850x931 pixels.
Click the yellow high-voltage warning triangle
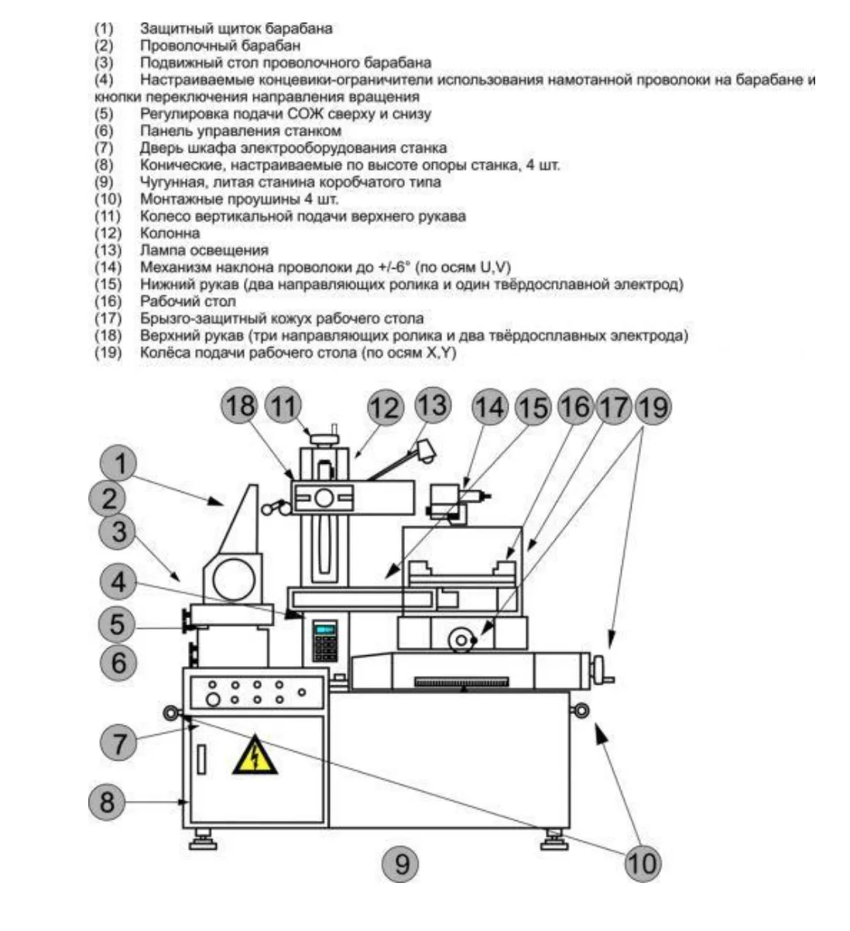(254, 756)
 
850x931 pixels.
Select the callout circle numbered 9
(401, 862)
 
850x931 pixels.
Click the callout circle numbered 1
(119, 464)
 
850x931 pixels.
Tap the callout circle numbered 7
(119, 744)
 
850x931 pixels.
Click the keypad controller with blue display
(324, 640)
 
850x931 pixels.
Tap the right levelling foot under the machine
(553, 837)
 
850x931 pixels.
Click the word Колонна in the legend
(170, 233)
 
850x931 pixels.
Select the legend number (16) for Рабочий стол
(108, 301)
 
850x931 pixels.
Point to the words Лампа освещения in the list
(204, 250)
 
